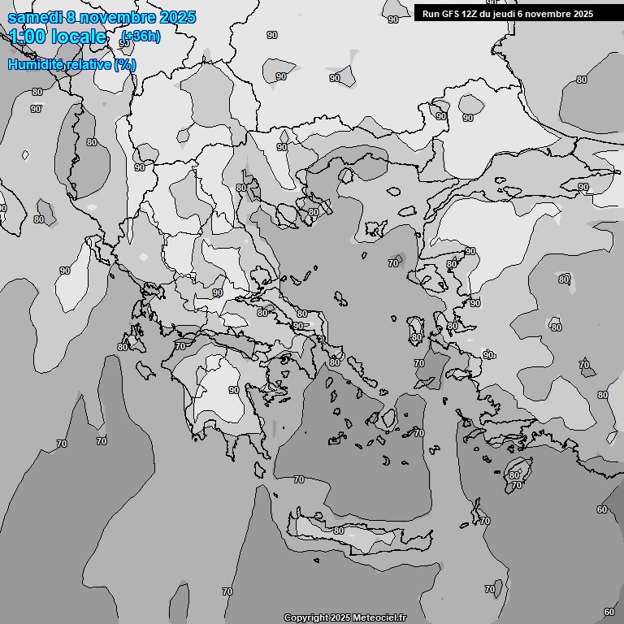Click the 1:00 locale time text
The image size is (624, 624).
[x=57, y=37]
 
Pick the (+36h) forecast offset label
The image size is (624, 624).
[x=141, y=36]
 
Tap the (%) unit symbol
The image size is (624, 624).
[x=125, y=64]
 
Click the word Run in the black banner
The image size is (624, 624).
[x=431, y=14]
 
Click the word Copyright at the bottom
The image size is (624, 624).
[x=305, y=618]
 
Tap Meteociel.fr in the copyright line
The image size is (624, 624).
[x=380, y=618]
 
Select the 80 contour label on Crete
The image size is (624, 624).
[x=338, y=531]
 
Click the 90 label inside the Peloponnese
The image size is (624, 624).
[x=234, y=390]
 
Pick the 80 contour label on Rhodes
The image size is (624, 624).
[x=513, y=475]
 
